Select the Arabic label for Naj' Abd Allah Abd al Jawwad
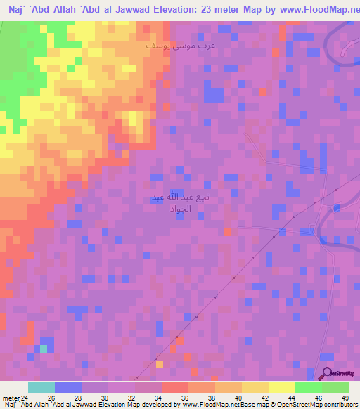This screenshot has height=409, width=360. [181, 204]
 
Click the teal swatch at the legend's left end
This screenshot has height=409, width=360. [41, 387]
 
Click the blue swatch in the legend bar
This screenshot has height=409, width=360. [68, 387]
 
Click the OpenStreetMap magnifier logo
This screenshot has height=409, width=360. [326, 374]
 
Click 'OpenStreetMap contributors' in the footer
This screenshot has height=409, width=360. [323, 405]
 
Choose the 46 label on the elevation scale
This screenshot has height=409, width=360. [319, 397]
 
